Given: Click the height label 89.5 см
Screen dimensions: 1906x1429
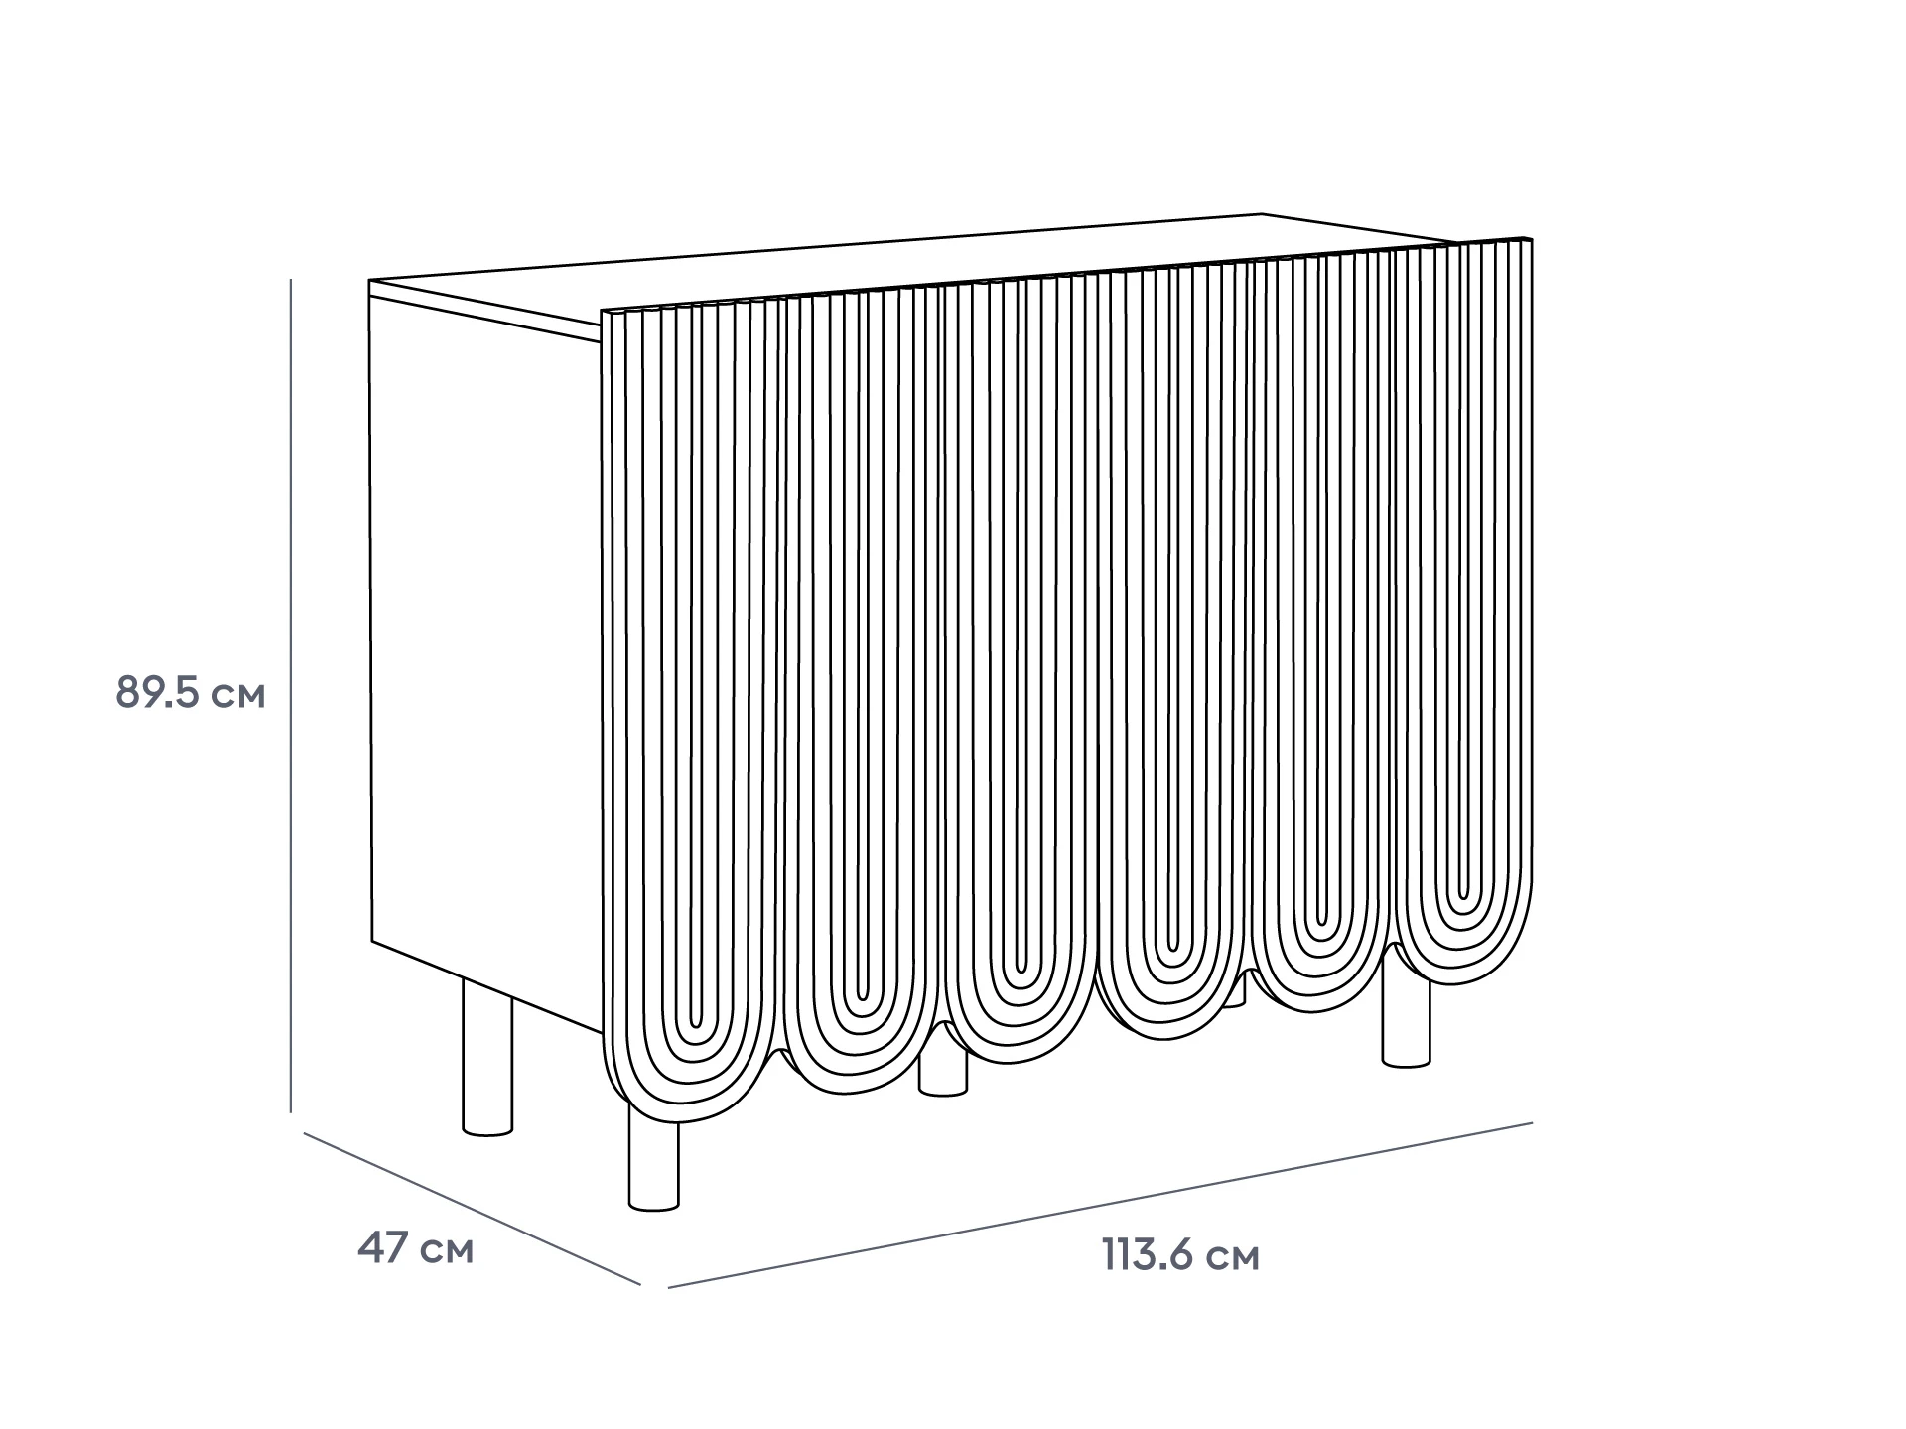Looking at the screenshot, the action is click(191, 693).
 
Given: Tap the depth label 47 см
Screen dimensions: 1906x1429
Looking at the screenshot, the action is click(415, 1248).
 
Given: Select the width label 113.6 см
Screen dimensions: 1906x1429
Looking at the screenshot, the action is click(1180, 1256).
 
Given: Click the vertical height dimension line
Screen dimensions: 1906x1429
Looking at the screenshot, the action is click(290, 696).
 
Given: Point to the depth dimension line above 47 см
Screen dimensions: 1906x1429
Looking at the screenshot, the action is click(472, 1208).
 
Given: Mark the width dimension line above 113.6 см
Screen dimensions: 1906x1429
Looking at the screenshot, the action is click(1100, 1205).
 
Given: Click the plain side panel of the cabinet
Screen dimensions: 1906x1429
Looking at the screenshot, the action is click(485, 655).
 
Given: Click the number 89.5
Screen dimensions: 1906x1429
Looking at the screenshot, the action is click(159, 693).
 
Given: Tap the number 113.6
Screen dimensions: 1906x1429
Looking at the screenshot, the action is click(1146, 1256).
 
